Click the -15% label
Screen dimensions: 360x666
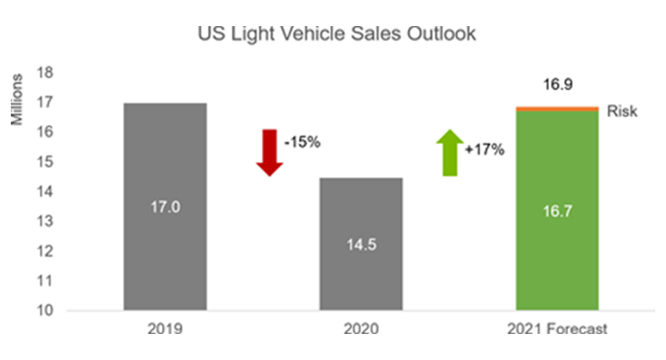pos(301,143)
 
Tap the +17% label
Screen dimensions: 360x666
pos(487,149)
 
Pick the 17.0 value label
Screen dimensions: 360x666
pos(165,207)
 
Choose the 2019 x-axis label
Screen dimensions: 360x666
pos(165,329)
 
